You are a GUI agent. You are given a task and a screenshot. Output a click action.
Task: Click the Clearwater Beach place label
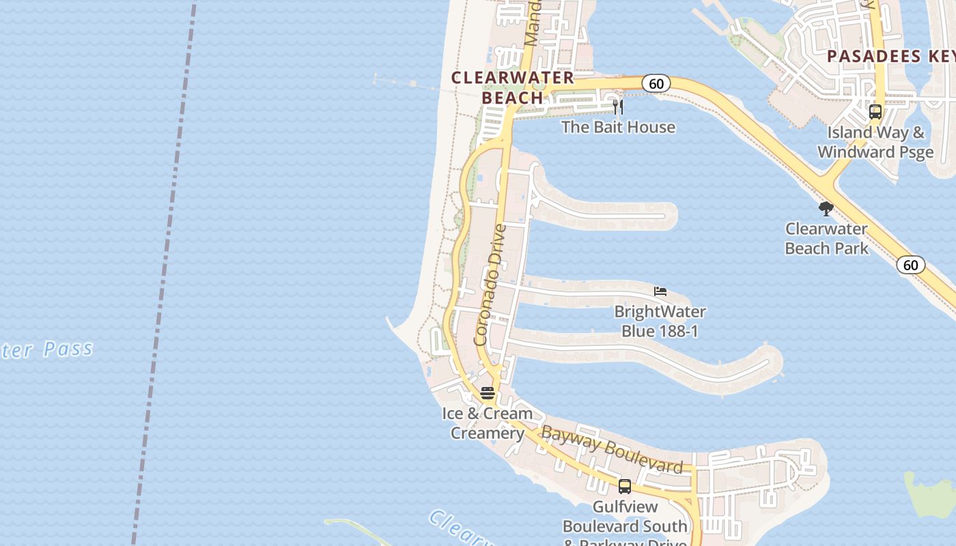click(512, 87)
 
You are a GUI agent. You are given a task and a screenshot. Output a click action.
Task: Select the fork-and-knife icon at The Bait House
click(617, 106)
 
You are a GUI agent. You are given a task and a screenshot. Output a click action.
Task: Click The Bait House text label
click(618, 127)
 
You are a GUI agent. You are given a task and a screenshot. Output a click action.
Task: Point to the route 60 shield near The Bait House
click(656, 84)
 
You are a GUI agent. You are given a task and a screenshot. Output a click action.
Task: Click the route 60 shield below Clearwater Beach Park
click(911, 265)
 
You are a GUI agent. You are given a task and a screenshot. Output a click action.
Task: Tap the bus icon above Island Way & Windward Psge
click(875, 112)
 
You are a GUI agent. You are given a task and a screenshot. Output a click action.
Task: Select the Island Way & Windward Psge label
click(875, 142)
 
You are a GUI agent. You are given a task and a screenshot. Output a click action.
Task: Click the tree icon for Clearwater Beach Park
click(826, 208)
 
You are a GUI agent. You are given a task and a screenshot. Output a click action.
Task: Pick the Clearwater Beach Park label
click(826, 238)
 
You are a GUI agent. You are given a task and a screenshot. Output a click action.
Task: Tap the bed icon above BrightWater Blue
click(660, 291)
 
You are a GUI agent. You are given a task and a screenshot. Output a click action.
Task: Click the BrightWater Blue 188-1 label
click(660, 321)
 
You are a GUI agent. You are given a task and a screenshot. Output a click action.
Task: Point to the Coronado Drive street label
click(490, 285)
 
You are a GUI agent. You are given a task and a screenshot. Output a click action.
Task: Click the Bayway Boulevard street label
click(611, 448)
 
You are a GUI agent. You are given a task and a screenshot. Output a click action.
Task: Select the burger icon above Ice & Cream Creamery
click(487, 392)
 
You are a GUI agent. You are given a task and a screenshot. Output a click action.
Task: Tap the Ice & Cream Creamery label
click(488, 423)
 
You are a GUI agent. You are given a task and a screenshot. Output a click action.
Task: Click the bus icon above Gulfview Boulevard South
click(625, 487)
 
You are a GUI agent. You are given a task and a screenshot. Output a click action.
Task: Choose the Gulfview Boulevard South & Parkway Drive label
click(625, 526)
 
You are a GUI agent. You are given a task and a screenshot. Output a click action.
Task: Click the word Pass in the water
click(68, 349)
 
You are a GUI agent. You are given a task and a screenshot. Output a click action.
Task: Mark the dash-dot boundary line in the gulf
click(164, 273)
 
